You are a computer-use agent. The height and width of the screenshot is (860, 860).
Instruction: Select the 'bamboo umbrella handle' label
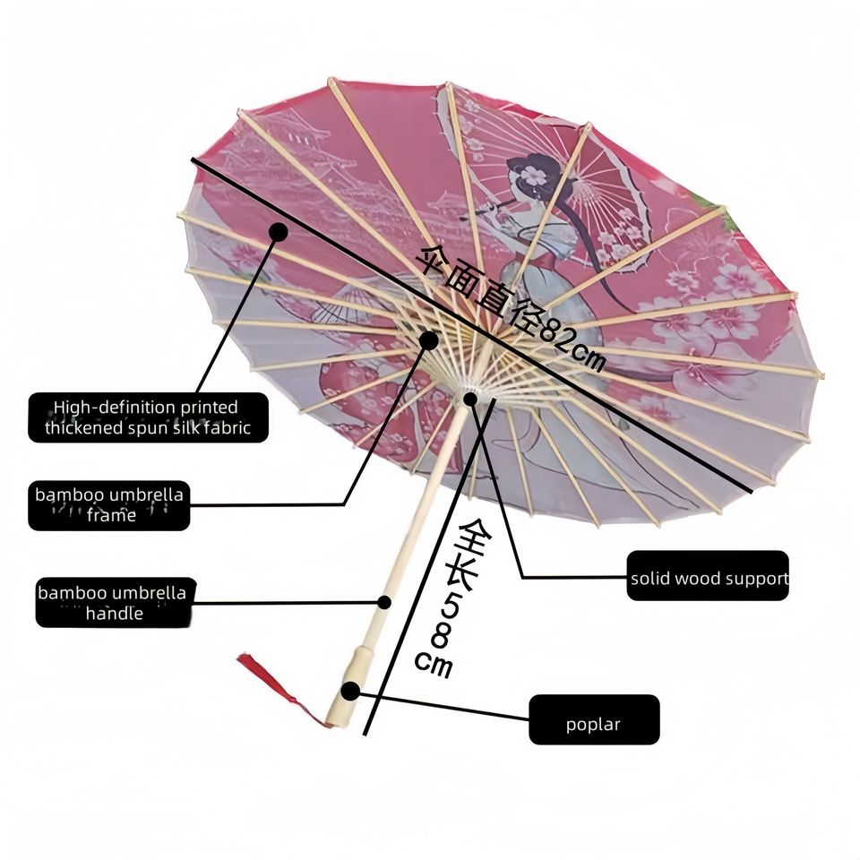point(115,603)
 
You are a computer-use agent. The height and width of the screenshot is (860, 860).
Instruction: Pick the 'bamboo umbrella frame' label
point(109,505)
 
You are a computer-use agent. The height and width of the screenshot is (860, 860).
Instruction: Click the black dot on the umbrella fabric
point(278,232)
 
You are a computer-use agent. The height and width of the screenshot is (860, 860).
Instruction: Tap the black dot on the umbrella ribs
point(429,340)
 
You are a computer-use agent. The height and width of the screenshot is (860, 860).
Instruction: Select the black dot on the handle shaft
point(384,602)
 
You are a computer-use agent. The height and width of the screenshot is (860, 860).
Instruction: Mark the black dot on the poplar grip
point(350,691)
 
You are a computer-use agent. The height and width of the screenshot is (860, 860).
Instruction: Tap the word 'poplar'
point(593,725)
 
